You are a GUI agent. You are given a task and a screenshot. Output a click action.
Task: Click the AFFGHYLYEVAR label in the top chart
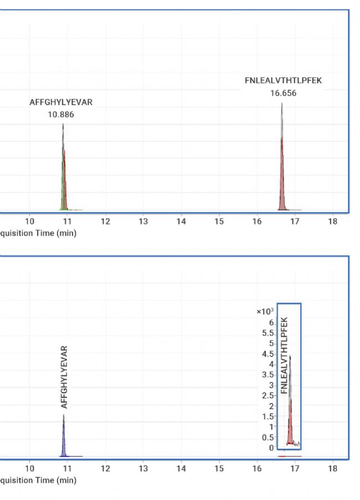coord(61,102)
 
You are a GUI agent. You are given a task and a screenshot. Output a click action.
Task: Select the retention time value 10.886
coord(61,115)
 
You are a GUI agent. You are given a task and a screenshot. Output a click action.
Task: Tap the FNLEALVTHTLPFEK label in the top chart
coord(283,81)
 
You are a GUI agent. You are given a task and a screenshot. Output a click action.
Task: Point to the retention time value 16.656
coord(283,93)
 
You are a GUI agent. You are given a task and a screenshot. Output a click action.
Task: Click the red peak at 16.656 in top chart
coord(282,177)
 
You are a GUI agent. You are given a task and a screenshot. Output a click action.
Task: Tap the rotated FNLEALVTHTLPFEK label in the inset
coord(284,355)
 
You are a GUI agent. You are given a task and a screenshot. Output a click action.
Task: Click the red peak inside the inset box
coord(290,421)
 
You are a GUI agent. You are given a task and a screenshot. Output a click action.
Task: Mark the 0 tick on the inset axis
coord(271,447)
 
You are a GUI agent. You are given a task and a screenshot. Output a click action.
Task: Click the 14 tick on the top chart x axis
coord(181,222)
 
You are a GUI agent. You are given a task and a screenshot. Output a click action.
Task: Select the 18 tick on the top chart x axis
coord(332,222)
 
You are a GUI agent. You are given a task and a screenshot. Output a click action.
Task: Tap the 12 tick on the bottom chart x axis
coord(105,469)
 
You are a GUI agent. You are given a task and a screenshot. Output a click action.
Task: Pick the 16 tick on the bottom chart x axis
coord(256,469)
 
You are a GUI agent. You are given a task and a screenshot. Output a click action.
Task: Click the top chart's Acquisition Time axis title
coord(38,233)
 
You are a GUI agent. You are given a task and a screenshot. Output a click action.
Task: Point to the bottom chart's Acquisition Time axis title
coord(38,480)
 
